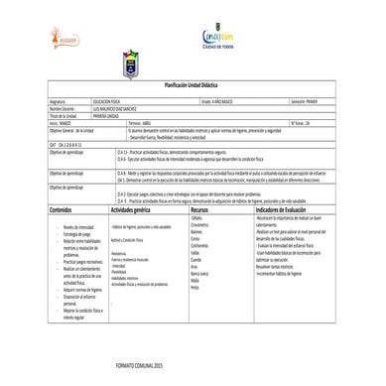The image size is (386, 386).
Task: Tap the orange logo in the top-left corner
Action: point(41,43)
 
